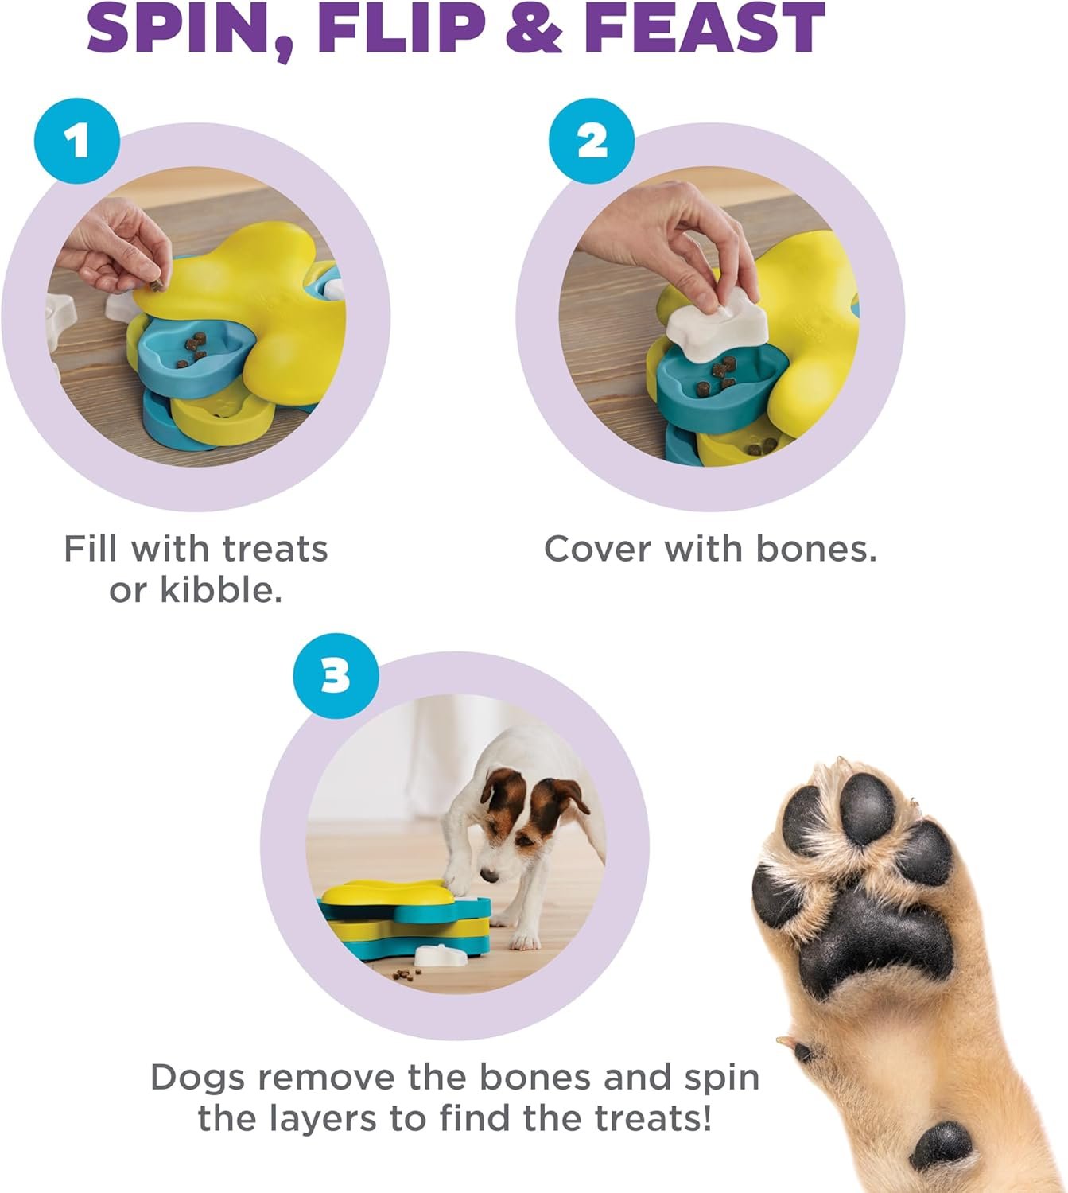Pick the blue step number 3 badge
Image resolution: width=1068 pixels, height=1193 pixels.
click(x=336, y=676)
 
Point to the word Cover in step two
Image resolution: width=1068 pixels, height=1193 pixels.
click(x=596, y=549)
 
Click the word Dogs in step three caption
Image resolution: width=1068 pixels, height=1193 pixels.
click(x=197, y=1078)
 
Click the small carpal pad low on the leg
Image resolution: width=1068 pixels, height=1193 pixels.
click(x=942, y=1145)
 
